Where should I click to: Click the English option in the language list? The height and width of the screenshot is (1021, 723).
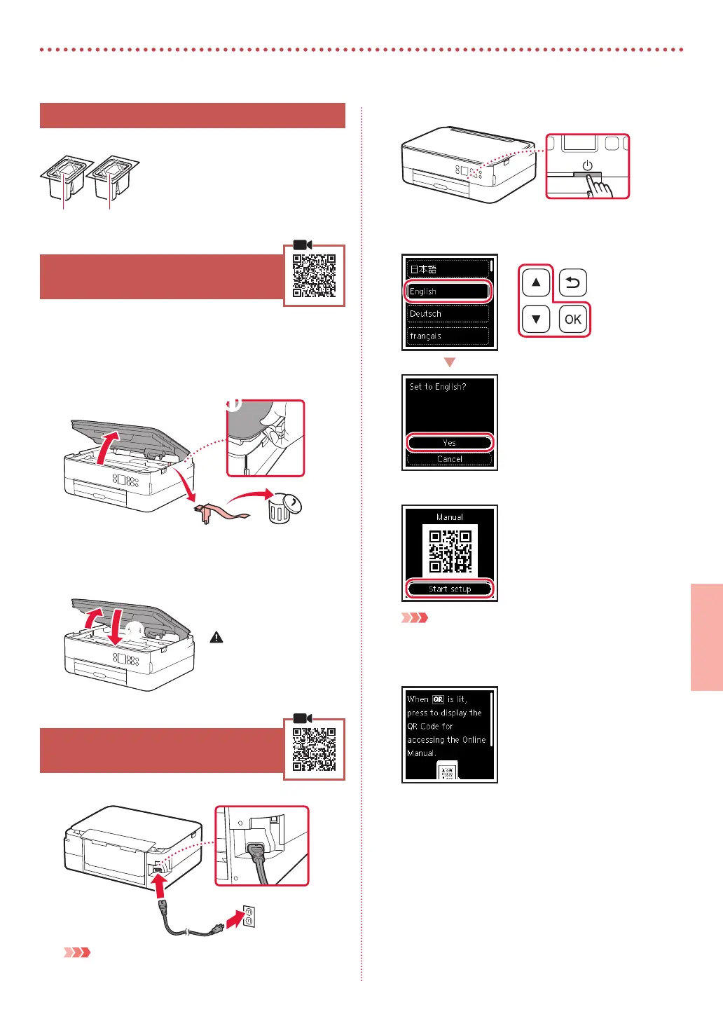448,291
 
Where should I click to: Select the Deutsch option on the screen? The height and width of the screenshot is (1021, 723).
448,314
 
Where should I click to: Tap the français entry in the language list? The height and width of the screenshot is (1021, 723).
448,336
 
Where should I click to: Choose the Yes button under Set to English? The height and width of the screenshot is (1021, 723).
449,443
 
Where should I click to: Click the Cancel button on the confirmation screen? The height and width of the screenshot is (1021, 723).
449,459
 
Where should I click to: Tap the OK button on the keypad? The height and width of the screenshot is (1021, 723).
572,320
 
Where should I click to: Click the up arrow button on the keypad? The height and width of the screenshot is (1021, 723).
536,282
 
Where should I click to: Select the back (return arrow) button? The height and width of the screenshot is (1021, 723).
572,282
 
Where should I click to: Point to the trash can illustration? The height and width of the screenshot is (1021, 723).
282,507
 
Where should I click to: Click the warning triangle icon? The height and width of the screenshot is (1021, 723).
216,638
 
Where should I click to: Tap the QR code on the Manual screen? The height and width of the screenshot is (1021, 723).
450,551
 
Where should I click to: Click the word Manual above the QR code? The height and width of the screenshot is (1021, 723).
450,517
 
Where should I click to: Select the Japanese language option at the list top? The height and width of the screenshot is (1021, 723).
448,269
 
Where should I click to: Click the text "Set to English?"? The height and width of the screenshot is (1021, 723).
438,387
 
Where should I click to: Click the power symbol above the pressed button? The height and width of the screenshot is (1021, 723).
587,166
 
